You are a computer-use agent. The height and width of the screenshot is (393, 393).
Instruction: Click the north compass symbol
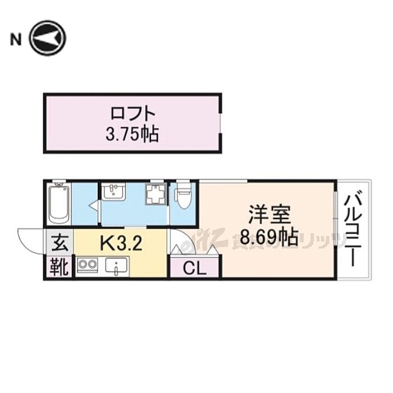(x=48, y=39)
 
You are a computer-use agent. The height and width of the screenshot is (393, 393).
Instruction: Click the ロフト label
(x=132, y=113)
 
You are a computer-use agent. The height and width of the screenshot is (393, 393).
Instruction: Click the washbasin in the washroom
(x=114, y=193)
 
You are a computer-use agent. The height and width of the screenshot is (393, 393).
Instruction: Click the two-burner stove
(x=88, y=265)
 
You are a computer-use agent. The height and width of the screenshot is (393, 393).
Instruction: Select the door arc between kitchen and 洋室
(x=179, y=242)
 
